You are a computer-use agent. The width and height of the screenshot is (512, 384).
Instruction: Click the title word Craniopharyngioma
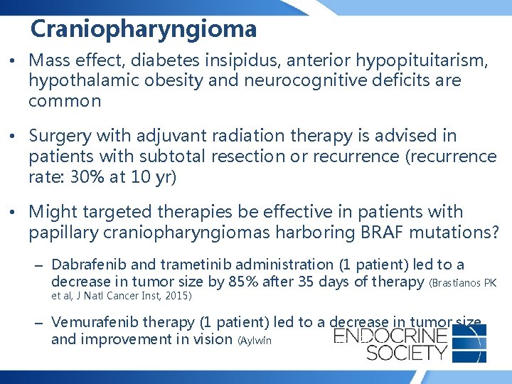click(x=144, y=29)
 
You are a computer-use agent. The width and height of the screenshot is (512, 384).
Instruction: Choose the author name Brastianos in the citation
click(x=456, y=282)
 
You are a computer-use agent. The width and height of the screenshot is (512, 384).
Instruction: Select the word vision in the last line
click(x=213, y=340)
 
